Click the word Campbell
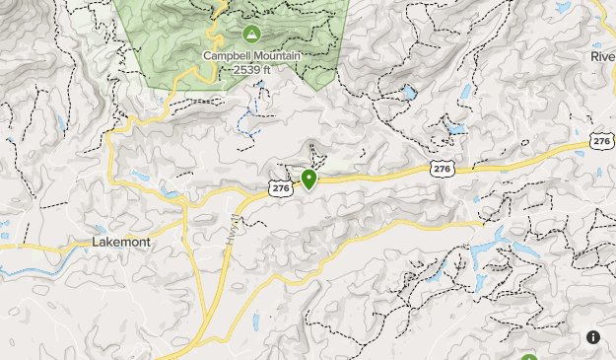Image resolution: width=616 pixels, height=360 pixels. tap(226, 55)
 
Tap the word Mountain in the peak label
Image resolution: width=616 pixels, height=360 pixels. tap(272, 55)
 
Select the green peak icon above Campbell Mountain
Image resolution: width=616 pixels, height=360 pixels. tap(250, 35)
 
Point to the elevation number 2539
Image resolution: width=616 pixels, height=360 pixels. tap(246, 69)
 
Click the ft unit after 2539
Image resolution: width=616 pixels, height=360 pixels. tap(266, 69)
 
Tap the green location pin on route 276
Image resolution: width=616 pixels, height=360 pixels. tap(309, 179)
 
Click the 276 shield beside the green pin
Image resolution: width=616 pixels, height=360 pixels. tap(280, 186)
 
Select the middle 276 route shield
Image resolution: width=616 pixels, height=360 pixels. tap(443, 170)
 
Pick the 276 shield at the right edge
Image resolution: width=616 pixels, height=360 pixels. tap(602, 142)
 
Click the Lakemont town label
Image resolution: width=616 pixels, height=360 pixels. tap(120, 242)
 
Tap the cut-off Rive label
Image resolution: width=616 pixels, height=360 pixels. tap(602, 56)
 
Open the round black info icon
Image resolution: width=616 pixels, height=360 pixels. tap(593, 337)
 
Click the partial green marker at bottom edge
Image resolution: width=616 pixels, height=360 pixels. tap(529, 357)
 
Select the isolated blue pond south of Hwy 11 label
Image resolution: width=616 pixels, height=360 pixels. tap(255, 322)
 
